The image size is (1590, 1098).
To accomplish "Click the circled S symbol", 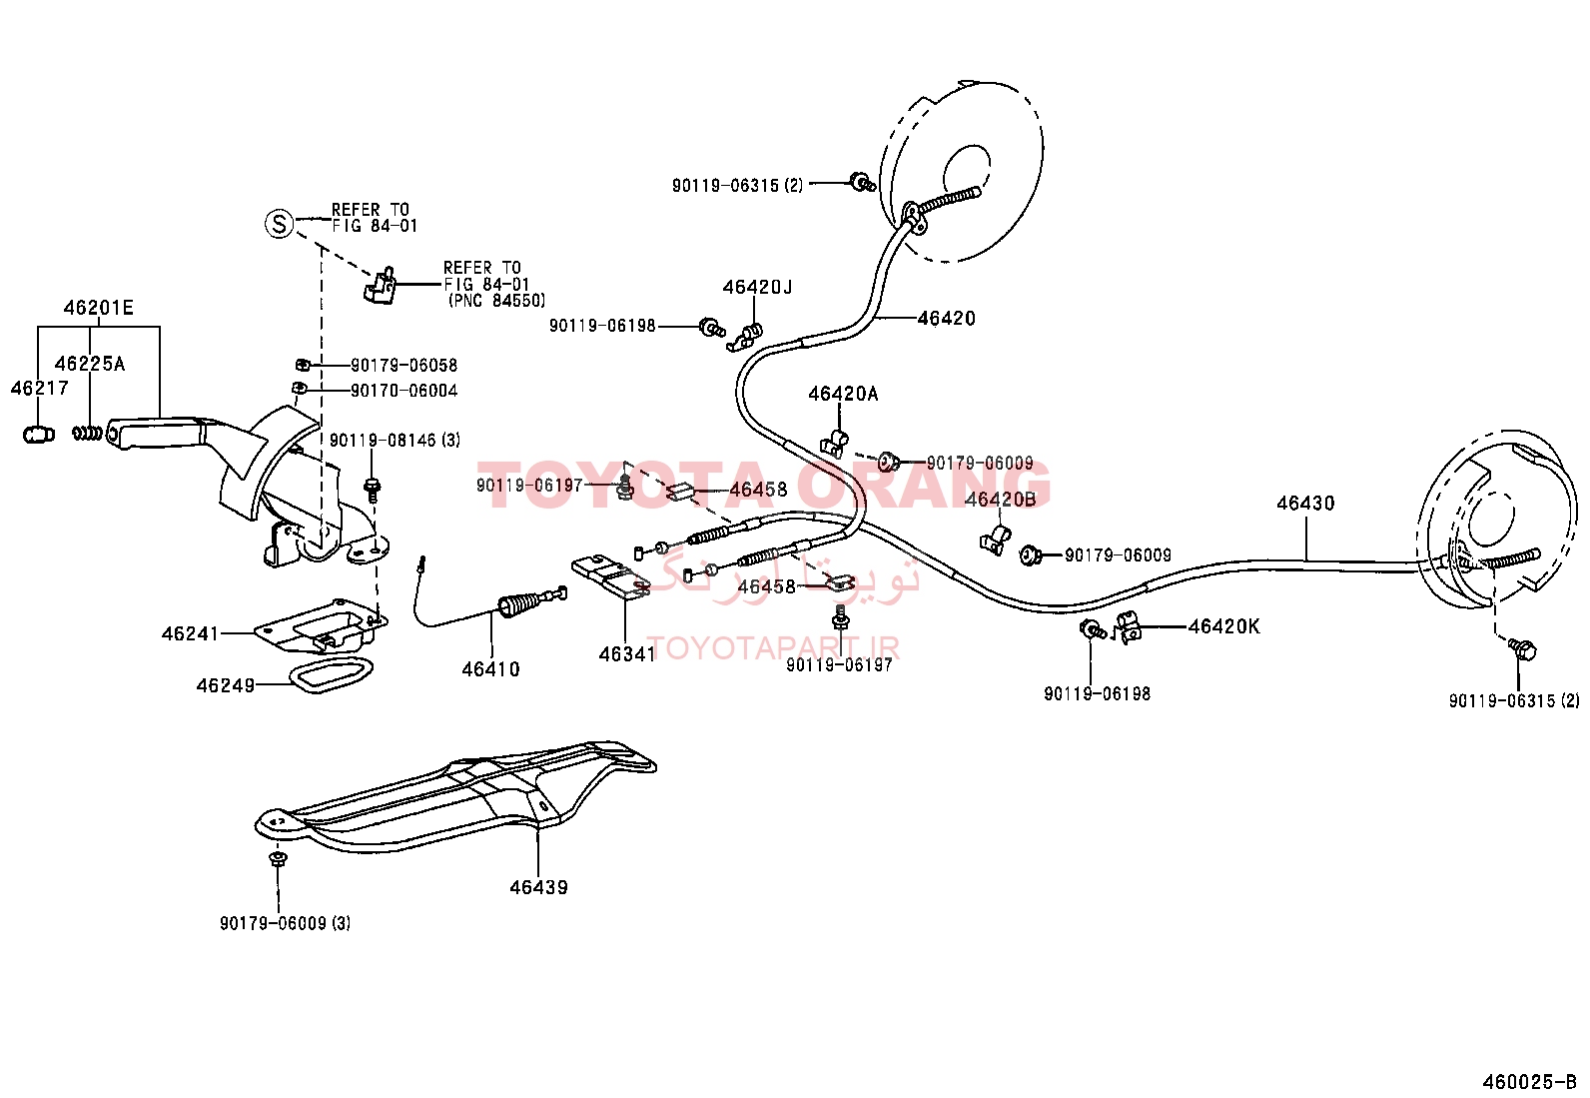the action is (x=279, y=224).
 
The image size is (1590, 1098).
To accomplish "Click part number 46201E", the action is (x=99, y=308).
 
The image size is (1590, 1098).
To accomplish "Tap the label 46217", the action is (x=40, y=388).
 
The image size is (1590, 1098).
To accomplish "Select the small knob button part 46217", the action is (x=39, y=434).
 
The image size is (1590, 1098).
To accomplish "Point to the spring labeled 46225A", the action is (x=88, y=432).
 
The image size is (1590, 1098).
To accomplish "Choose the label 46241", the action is (x=190, y=633).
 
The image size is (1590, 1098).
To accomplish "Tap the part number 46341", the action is (x=627, y=654).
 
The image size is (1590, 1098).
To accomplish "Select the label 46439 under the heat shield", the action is (x=538, y=887).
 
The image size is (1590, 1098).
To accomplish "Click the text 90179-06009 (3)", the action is (x=286, y=923).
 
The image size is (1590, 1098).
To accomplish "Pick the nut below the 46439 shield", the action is (x=278, y=858).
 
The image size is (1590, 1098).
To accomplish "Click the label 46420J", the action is (x=757, y=287).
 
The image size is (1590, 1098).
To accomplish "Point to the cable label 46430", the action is (x=1305, y=503).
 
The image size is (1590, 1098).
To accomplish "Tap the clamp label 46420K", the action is (x=1224, y=626).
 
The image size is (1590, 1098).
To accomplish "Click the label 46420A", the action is (x=843, y=394).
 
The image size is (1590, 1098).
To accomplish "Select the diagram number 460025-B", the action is (x=1529, y=1082).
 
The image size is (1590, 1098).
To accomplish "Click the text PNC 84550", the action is (x=497, y=301).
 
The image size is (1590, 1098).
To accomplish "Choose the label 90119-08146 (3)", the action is (x=395, y=441).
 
